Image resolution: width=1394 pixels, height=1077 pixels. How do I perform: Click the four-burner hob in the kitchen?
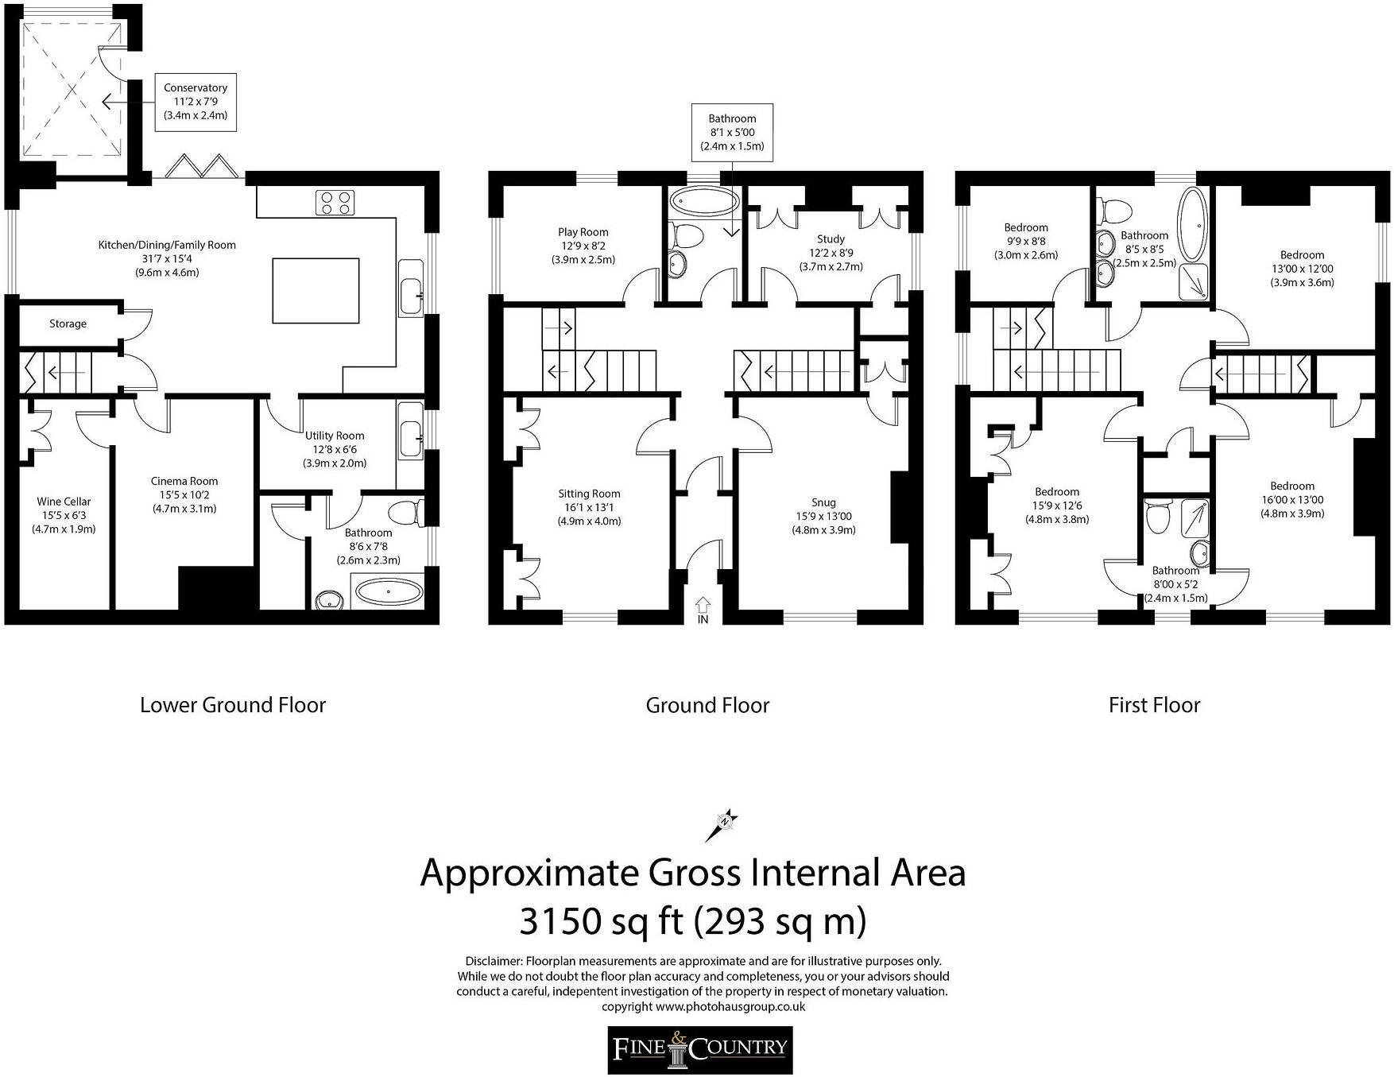click(x=335, y=203)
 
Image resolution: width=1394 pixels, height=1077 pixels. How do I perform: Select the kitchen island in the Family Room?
click(x=316, y=290)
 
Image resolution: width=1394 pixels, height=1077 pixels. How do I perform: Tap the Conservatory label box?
click(x=196, y=102)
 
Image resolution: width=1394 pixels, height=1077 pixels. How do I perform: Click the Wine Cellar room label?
click(x=64, y=515)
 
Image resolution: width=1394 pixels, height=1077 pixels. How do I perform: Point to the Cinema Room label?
click(x=184, y=494)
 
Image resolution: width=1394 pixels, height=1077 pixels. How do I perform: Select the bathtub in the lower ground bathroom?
click(x=389, y=592)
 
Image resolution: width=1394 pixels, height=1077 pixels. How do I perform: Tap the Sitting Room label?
click(x=589, y=507)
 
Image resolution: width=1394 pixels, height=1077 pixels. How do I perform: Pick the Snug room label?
click(x=823, y=516)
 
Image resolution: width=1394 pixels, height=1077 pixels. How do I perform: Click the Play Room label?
click(x=583, y=246)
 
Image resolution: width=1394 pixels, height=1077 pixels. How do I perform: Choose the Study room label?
click(x=831, y=252)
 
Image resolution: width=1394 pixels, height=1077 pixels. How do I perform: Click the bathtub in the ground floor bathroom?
click(x=703, y=202)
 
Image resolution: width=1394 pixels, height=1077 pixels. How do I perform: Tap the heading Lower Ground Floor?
click(x=233, y=705)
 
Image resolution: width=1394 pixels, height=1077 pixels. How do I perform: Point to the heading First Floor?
click(x=1154, y=705)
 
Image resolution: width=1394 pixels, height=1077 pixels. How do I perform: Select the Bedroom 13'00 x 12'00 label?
click(x=1302, y=269)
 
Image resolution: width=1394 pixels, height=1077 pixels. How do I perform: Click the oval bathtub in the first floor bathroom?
click(x=1193, y=225)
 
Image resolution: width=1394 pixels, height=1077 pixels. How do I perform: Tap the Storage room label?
click(x=68, y=323)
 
